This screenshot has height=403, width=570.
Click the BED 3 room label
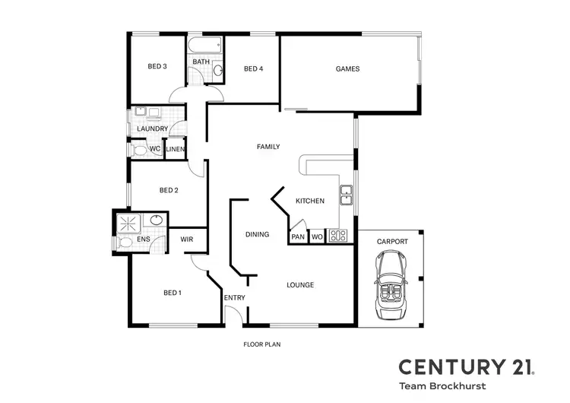point(157,67)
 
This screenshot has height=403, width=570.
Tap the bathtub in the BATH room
point(206,45)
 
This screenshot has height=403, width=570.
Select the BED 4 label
point(253,69)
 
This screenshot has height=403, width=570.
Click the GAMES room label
point(347,69)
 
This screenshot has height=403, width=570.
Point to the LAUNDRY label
point(152,129)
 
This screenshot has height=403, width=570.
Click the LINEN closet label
point(175,149)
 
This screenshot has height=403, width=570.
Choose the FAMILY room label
point(268,147)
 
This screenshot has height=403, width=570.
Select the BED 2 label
point(169,191)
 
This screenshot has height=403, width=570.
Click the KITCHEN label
point(310,201)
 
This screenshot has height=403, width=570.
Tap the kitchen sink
point(346,195)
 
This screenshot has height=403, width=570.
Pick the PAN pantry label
point(298,236)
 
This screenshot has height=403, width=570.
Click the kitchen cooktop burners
point(337,236)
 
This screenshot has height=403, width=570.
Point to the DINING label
point(257,234)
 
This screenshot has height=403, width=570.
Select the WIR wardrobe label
point(187,240)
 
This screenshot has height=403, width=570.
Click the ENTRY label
point(234,297)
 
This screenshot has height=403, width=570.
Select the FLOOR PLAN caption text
point(262,344)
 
